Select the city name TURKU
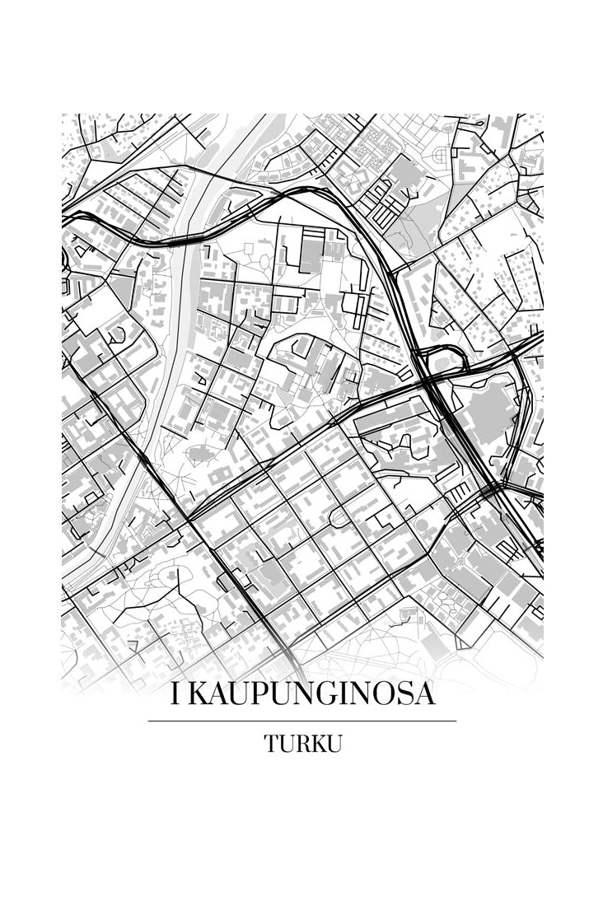click(x=302, y=744)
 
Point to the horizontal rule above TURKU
click(x=301, y=721)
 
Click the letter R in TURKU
click(x=302, y=744)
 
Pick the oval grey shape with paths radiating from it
click(x=200, y=452)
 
